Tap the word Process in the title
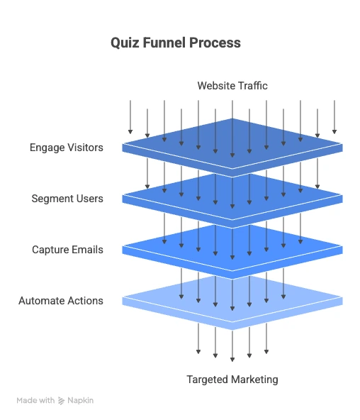click(x=215, y=43)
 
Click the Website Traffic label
click(x=232, y=86)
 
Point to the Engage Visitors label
click(x=67, y=148)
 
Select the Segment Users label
click(x=67, y=199)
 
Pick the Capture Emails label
click(x=67, y=250)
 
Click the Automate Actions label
click(x=61, y=301)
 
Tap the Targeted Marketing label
click(x=232, y=380)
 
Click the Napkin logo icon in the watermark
click(x=62, y=401)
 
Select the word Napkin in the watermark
click(x=81, y=401)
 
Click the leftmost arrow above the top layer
click(x=130, y=117)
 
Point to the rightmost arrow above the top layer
click(x=334, y=117)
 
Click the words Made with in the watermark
click(x=35, y=401)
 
